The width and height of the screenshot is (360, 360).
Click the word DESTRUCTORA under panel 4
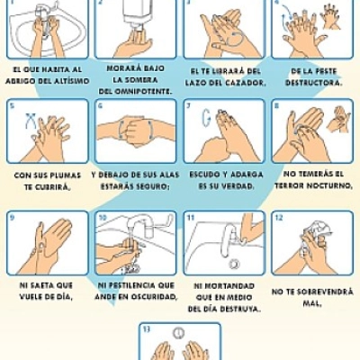[x=313, y=83]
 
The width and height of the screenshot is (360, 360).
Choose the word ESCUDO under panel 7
[x=203, y=175]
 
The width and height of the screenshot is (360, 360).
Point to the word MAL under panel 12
[x=312, y=303]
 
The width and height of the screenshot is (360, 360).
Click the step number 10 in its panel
[x=103, y=217]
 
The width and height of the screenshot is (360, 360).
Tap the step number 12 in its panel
[x=279, y=217]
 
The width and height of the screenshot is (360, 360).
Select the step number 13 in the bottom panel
[x=146, y=329]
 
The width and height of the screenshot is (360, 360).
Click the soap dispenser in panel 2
[x=138, y=13]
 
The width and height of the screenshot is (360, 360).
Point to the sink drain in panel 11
[x=234, y=264]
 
